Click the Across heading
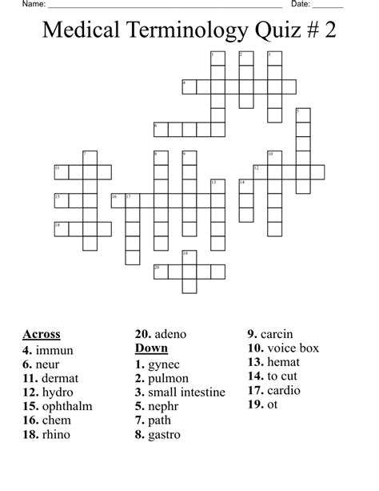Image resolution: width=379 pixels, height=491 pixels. tap(41, 334)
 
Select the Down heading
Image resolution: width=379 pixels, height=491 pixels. tap(151, 348)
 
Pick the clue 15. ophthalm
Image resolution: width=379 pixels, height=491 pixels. tap(57, 406)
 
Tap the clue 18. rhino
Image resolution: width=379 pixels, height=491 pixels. tap(46, 434)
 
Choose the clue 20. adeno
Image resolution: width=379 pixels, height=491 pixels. tap(160, 334)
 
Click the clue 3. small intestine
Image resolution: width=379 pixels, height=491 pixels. tap(180, 392)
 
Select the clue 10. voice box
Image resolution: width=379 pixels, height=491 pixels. tap(283, 348)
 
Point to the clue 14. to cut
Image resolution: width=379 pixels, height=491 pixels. tap(276, 376)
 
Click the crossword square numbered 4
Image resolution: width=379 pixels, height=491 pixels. tap(189, 87)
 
